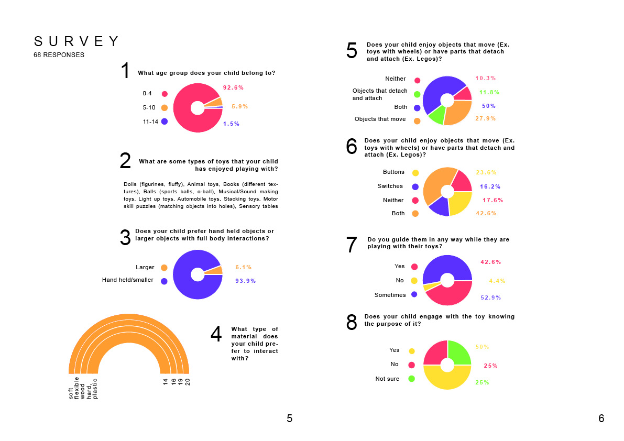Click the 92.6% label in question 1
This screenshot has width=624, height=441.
233,87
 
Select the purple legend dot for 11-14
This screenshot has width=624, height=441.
165,122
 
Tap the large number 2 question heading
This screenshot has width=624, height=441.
125,161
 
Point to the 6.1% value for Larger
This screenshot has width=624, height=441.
244,267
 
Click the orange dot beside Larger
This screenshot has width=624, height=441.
164,268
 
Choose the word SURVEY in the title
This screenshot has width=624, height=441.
76,42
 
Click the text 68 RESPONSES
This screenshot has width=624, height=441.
59,55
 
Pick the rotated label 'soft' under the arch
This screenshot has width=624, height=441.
71,393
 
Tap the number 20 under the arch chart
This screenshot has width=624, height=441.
187,382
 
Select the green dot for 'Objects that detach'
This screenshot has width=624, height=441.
417,94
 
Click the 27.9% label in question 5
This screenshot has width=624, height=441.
486,119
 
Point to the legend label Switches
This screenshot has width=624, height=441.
390,186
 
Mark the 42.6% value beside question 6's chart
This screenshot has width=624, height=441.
486,214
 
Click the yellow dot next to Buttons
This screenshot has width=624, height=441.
415,172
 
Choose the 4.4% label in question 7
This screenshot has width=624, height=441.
497,281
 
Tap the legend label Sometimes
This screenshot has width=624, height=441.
390,295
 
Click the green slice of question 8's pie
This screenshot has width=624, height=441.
458,352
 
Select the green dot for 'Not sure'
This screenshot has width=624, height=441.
412,379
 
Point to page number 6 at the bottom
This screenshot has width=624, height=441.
601,418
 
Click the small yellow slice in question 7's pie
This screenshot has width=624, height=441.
426,287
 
